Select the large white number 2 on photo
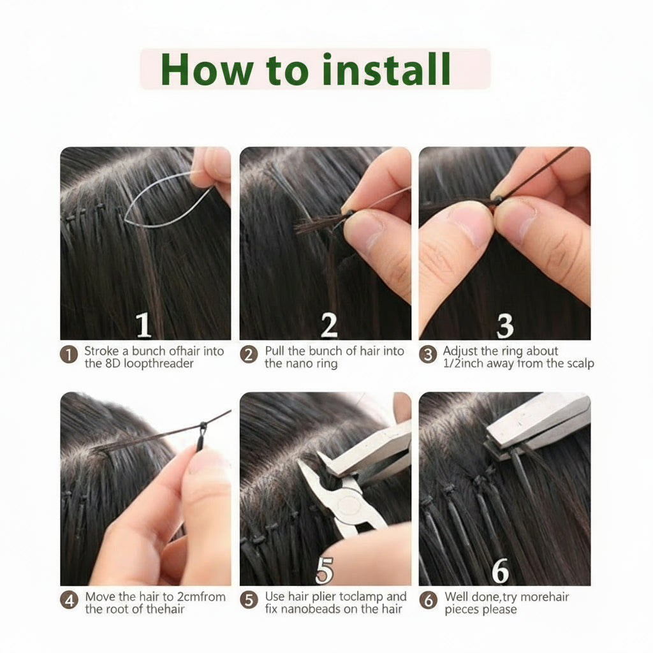coord(328,325)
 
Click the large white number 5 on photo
coord(324,571)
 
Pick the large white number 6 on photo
coord(501,572)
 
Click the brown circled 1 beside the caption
coord(69,355)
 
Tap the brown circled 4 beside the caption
coord(69,600)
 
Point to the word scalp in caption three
coord(578,363)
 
